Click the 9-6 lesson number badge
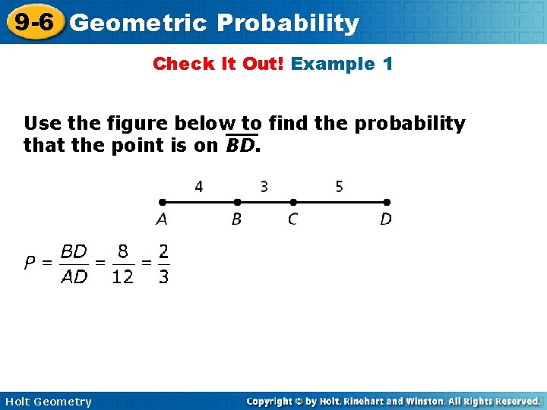pyautogui.click(x=33, y=21)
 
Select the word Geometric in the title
pyautogui.click(x=138, y=24)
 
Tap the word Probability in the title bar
pyautogui.click(x=287, y=24)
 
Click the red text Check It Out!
pyautogui.click(x=218, y=64)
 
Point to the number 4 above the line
pyautogui.click(x=199, y=186)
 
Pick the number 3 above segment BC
pyautogui.click(x=264, y=186)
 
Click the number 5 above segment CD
pyautogui.click(x=339, y=186)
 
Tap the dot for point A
pyautogui.click(x=162, y=203)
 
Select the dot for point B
pyautogui.click(x=237, y=203)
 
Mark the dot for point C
pyautogui.click(x=293, y=203)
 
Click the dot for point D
pyautogui.click(x=387, y=203)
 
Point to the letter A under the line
pyautogui.click(x=162, y=219)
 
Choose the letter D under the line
pyautogui.click(x=386, y=219)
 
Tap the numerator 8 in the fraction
pyautogui.click(x=122, y=251)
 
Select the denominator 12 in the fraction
pyautogui.click(x=122, y=277)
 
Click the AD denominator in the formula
pyautogui.click(x=74, y=277)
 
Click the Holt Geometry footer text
pyautogui.click(x=47, y=402)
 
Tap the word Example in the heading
pyautogui.click(x=331, y=64)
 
